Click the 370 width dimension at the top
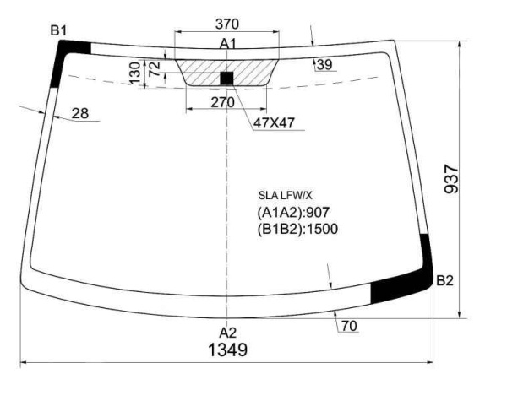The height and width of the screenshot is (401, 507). click(x=227, y=24)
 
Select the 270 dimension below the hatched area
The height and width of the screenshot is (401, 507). click(x=222, y=103)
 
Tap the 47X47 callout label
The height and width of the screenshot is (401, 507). click(x=274, y=123)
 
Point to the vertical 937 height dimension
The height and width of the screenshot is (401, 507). click(x=451, y=179)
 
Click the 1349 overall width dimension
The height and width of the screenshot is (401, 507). click(x=228, y=350)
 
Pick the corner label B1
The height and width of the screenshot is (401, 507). click(x=58, y=31)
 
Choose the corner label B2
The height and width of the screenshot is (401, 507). click(x=445, y=281)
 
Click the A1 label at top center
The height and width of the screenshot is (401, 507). click(x=228, y=44)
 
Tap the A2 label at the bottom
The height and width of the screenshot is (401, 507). click(x=227, y=333)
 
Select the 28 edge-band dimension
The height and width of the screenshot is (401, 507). click(x=80, y=113)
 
